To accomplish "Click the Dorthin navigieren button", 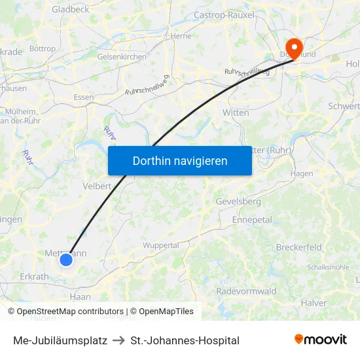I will click(180, 160).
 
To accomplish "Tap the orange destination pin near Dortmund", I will click(294, 48).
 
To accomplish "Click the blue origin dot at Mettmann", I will click(66, 260).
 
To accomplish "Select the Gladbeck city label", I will click(70, 9).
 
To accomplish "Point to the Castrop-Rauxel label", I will click(224, 14).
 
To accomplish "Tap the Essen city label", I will click(84, 97).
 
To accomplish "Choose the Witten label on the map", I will click(236, 113).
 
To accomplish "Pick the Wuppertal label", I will click(161, 245).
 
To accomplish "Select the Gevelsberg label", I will click(238, 202).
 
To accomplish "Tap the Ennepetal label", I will click(252, 220).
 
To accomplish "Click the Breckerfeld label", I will click(298, 247).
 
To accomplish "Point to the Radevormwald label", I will click(246, 291).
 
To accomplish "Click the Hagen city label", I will click(302, 173).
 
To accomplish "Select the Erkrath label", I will click(33, 277).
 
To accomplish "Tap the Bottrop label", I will click(43, 48).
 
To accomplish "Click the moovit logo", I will click(321, 340).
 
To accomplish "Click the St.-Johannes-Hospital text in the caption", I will click(185, 340).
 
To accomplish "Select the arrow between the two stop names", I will click(118, 340).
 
